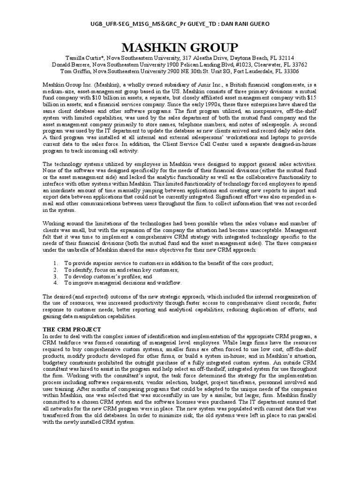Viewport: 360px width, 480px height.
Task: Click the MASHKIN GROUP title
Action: click(180, 47)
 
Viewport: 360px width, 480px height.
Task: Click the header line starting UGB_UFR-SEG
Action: click(180, 23)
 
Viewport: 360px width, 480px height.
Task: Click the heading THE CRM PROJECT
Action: click(70, 330)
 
